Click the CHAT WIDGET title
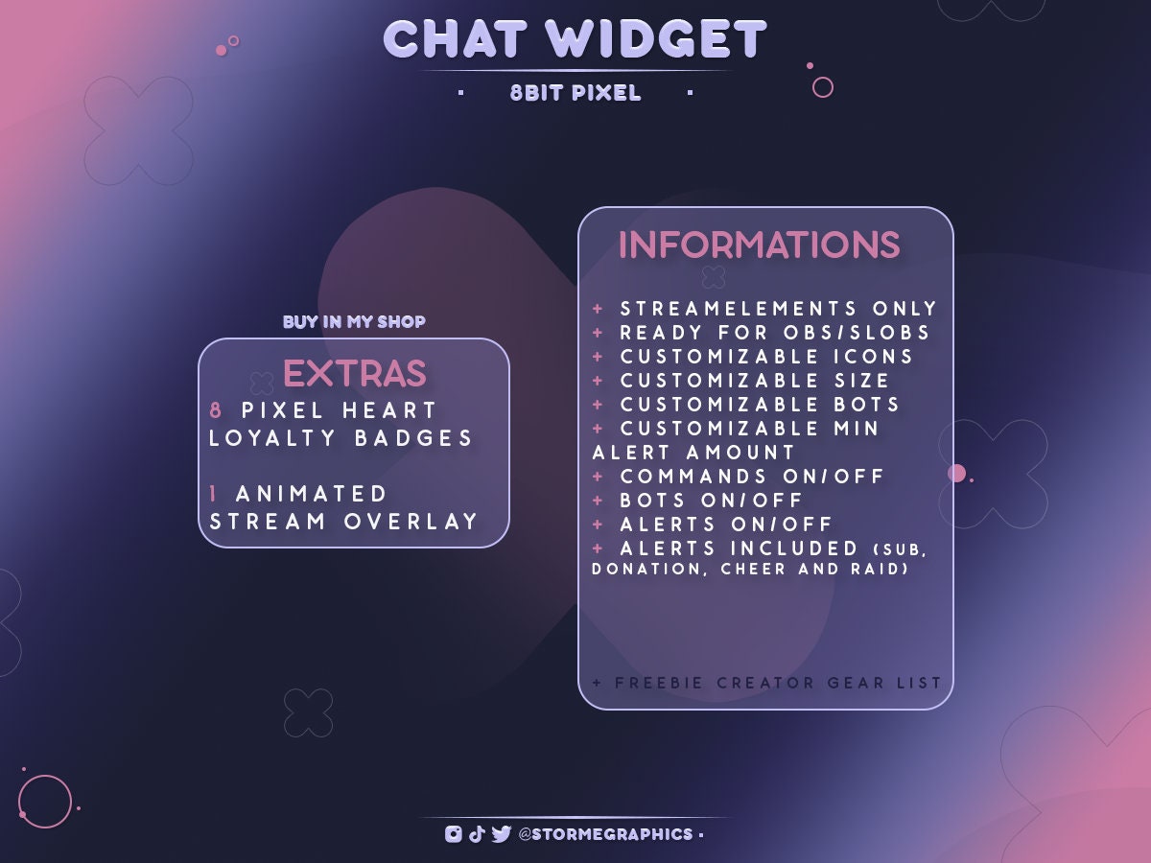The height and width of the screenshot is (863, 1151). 575,40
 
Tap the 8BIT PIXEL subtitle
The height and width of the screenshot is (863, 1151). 575,94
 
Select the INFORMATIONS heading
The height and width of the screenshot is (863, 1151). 759,245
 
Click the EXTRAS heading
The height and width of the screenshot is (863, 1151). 354,374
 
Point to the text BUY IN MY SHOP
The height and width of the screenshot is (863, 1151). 354,322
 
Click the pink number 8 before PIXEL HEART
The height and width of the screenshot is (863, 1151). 217,410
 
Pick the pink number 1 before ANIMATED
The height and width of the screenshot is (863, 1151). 215,494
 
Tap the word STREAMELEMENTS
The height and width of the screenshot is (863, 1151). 739,309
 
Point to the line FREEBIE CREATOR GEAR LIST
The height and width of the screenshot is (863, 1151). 767,683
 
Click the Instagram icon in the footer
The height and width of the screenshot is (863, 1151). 454,834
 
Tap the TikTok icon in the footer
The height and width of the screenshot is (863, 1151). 477,834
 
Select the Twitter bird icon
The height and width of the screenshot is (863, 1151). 501,834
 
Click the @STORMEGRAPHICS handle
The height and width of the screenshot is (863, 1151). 605,834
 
